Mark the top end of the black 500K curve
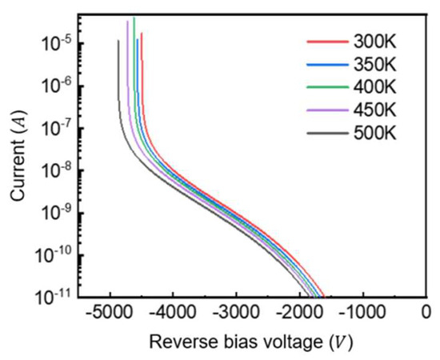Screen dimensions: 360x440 (118, 41)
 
